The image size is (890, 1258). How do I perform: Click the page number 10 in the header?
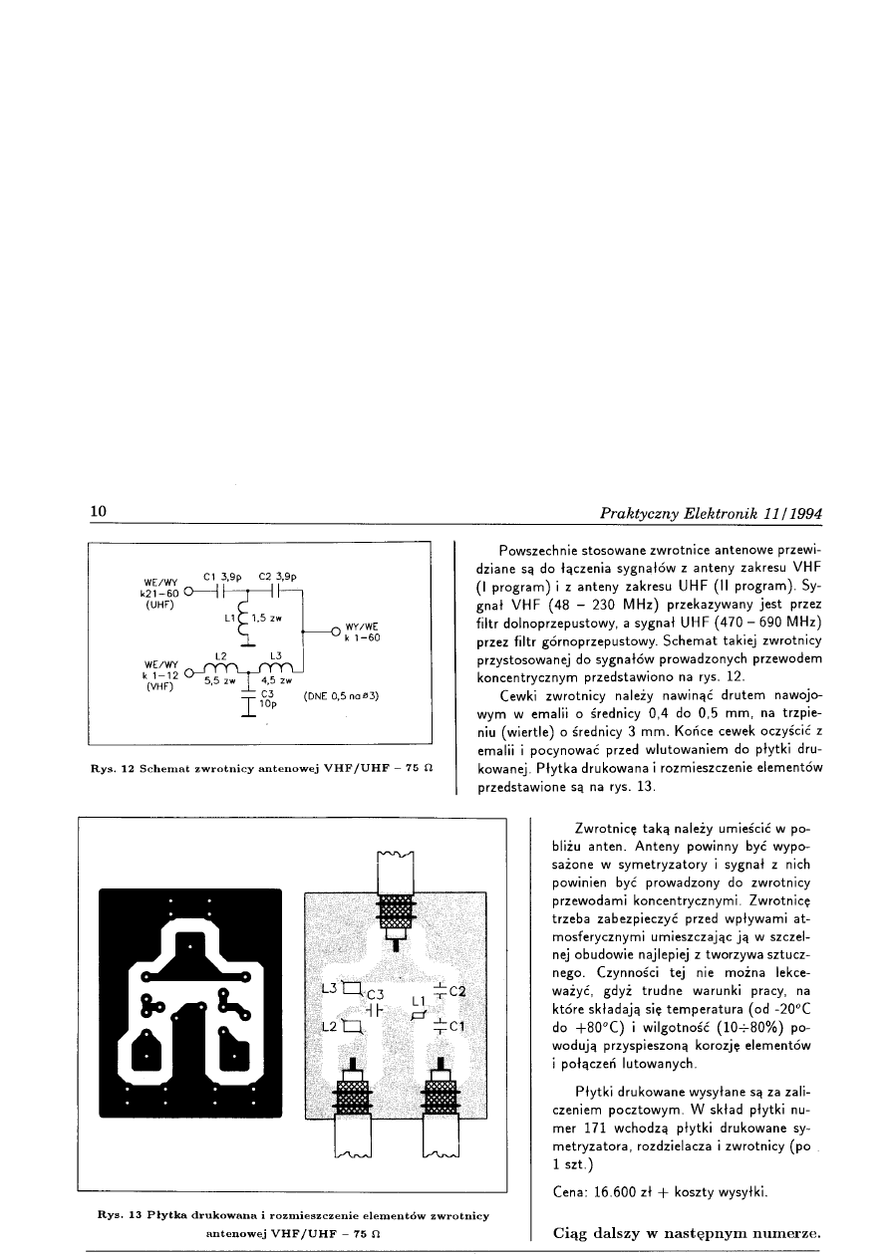(x=99, y=512)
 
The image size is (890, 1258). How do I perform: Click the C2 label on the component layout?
(x=458, y=991)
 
